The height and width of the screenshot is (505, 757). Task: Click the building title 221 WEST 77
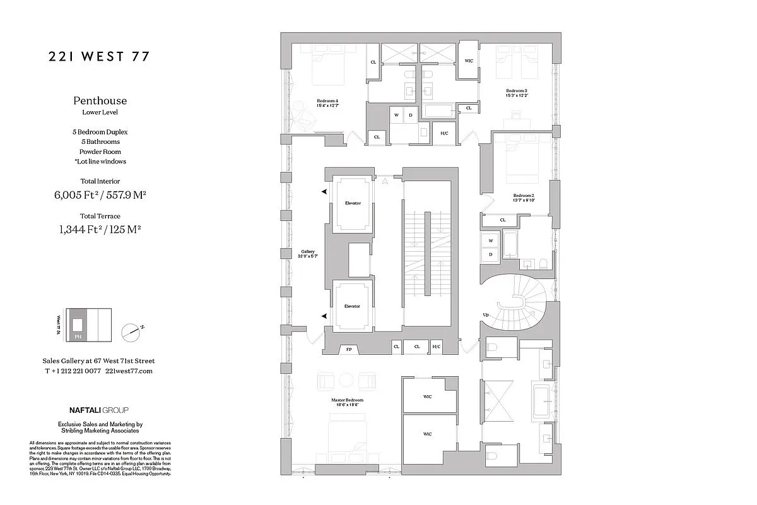click(x=100, y=57)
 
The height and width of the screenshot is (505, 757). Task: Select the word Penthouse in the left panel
click(x=100, y=100)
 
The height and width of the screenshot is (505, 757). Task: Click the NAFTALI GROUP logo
click(x=100, y=410)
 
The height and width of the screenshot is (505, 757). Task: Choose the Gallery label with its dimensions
click(x=307, y=254)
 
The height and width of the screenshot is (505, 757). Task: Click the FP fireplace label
click(x=348, y=349)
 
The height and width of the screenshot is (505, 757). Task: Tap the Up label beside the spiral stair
click(x=484, y=314)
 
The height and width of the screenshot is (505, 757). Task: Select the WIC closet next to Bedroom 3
click(x=469, y=61)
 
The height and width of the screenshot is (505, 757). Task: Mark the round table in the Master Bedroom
click(x=346, y=380)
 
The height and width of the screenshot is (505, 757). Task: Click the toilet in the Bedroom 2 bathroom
click(x=544, y=263)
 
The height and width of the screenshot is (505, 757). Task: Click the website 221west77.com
click(x=129, y=371)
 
